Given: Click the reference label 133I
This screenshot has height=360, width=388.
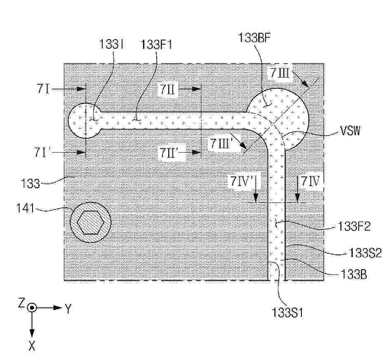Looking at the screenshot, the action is [x=111, y=45].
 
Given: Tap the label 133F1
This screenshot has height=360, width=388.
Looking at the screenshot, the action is [x=156, y=45].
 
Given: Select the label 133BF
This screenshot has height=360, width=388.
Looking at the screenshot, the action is [x=254, y=38].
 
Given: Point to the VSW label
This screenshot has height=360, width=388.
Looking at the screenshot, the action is [x=350, y=130].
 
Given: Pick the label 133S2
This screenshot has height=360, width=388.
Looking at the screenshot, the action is [x=365, y=253].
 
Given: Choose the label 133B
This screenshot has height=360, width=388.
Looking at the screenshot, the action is [x=353, y=274].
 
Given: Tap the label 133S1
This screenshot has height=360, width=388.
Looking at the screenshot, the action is [x=287, y=313].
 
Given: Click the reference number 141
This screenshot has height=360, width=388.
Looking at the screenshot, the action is [x=25, y=208].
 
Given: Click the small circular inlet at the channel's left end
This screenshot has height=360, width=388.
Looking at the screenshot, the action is [x=84, y=120].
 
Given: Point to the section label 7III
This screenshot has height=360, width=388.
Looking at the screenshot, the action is [x=280, y=73].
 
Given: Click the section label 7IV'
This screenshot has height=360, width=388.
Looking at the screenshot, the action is [x=241, y=181].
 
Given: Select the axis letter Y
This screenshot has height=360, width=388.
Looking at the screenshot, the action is [x=68, y=308].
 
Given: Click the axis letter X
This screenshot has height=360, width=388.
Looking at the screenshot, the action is [x=32, y=346].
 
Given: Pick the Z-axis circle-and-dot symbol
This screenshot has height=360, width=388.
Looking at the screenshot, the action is [x=32, y=308].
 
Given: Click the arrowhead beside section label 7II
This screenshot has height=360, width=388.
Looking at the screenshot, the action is [x=197, y=89].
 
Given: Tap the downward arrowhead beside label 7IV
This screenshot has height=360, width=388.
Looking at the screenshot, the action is [x=297, y=198].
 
